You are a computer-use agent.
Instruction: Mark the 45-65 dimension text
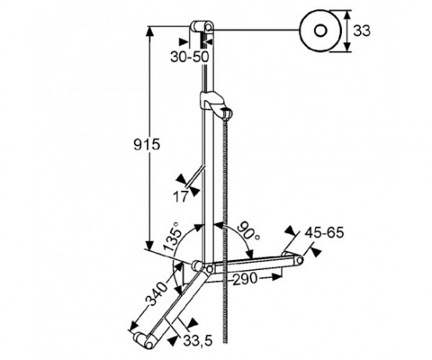pos(323,233)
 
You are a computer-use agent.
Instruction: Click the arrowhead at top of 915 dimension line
pos(149,30)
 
